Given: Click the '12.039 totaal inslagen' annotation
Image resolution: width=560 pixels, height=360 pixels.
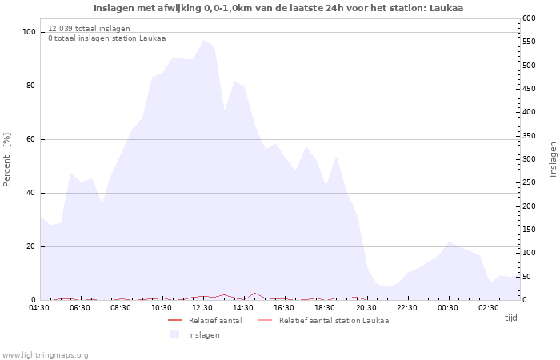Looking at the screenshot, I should (x=89, y=29).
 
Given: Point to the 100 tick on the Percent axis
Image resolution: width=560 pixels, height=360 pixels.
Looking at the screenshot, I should (x=29, y=32).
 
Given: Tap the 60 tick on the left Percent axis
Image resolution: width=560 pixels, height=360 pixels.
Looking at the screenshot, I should (x=30, y=139).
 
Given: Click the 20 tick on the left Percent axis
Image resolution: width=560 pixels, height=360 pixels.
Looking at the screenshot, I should (x=30, y=246).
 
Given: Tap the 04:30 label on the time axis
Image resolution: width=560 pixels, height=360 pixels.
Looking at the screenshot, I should (x=39, y=308).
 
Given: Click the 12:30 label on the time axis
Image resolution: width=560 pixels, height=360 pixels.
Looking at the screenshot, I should (x=202, y=308).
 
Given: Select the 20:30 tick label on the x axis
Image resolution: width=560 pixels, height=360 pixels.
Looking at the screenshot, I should (x=366, y=308).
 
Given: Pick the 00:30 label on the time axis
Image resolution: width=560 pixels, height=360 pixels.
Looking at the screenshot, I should (x=447, y=308).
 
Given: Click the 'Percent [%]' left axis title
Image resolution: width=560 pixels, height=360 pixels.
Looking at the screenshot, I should (x=7, y=160).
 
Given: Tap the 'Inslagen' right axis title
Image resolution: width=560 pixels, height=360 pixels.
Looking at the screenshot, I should (x=553, y=159).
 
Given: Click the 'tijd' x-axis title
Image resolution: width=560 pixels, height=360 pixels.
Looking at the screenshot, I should (x=510, y=318).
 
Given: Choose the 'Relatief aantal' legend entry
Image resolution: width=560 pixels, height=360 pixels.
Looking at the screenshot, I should (x=214, y=321).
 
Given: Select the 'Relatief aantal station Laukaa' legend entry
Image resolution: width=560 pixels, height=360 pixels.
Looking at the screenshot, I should (x=334, y=321).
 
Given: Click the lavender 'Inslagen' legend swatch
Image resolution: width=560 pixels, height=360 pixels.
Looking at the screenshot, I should (x=174, y=334).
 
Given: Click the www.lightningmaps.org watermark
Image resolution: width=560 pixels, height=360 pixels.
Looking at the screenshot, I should (x=46, y=354).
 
